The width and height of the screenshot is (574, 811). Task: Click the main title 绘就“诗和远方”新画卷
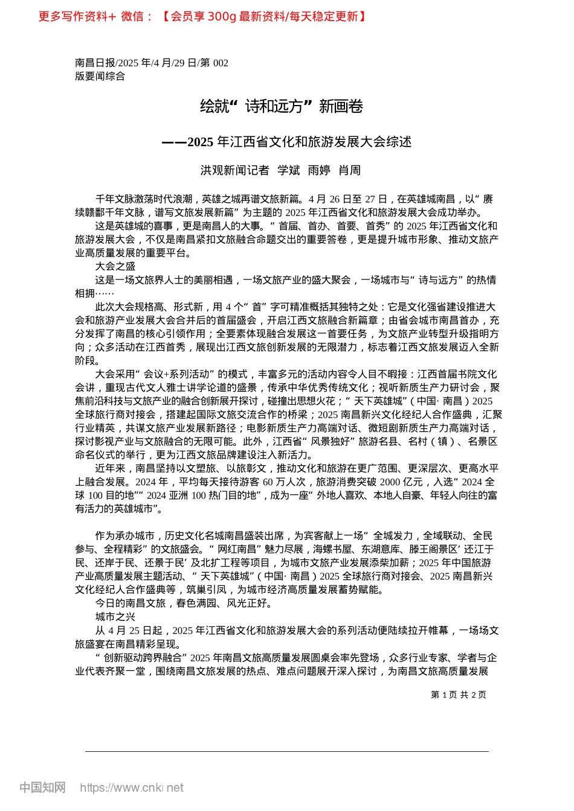(281, 107)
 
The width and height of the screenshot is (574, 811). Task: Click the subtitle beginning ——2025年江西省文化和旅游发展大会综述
(287, 142)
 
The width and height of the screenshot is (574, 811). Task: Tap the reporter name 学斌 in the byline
(289, 170)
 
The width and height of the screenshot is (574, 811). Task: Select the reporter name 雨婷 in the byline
(319, 170)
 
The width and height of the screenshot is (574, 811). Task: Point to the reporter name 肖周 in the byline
(349, 170)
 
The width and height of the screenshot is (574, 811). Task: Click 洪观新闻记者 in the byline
(235, 170)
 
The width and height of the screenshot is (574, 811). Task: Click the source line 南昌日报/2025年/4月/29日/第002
(152, 63)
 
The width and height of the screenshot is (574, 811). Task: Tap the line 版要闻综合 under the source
(100, 76)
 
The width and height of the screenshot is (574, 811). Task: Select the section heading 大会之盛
(115, 266)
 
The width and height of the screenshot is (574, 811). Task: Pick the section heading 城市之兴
(115, 617)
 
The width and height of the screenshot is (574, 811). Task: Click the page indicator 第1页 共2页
(459, 695)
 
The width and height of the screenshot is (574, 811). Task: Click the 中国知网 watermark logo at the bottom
(43, 787)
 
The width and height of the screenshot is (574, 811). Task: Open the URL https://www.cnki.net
(132, 787)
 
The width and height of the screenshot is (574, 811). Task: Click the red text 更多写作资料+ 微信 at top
(95, 16)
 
